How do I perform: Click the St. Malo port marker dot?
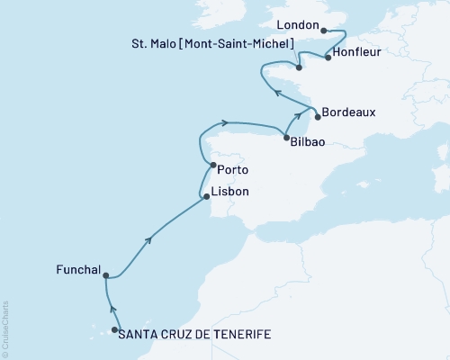pos(298,67)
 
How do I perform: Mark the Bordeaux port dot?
pos(318,112)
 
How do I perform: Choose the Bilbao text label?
pos(309,141)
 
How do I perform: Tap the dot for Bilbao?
pos(285,137)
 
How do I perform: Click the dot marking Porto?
pos(211,166)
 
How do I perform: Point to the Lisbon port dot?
pos(206,195)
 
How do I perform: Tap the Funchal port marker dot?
pos(105,276)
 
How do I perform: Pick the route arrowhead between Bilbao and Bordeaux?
pos(297,117)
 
